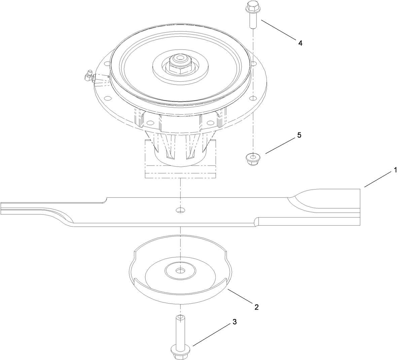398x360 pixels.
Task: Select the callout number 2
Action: tap(256, 307)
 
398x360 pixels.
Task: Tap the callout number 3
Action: tap(234, 322)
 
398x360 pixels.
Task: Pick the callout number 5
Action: tap(299, 135)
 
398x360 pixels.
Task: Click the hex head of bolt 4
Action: tap(252, 7)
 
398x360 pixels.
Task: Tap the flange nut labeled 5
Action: tap(252, 158)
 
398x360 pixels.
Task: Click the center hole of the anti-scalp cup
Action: tap(181, 270)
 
